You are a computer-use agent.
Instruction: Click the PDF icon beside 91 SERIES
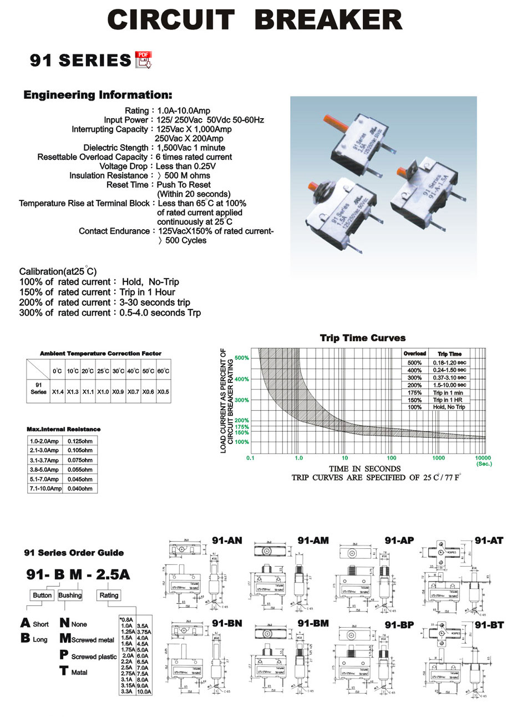pos(143,59)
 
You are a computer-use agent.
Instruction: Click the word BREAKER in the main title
pos(328,20)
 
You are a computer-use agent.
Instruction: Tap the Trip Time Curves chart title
pos(363,338)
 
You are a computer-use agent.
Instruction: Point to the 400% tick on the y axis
pos(241,379)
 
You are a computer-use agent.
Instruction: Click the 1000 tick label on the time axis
pos(438,458)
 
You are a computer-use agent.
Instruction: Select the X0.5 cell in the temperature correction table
pos(163,392)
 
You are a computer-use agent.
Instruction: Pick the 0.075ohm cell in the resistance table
pos(80,460)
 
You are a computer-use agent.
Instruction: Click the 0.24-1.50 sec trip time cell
pos(449,370)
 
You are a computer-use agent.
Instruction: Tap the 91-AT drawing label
pos(489,540)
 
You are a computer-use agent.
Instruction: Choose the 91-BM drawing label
pos(313,623)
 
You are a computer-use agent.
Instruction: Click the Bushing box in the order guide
pos(70,595)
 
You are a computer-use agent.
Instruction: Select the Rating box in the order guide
pos(109,595)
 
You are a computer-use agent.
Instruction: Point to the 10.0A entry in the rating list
pos(144,692)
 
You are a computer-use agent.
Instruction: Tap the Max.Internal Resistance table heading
pos(64,429)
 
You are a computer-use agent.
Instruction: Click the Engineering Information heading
pos(98,95)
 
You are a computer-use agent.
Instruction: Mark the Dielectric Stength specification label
pos(115,148)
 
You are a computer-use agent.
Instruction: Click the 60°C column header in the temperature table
pos(163,371)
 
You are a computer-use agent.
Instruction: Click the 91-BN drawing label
pos(227,623)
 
